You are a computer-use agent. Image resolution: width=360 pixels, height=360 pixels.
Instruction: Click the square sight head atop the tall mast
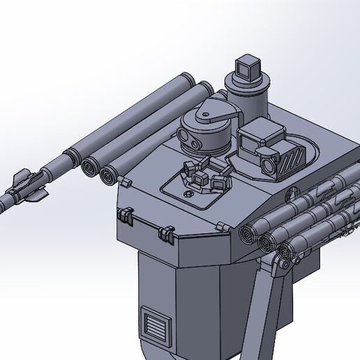tap(247, 67)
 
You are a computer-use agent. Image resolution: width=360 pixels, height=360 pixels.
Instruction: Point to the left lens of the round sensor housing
tap(188, 137)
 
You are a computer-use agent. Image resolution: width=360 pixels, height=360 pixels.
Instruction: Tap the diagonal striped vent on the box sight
tap(294, 160)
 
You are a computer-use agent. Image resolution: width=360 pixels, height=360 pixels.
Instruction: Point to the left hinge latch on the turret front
tap(126, 215)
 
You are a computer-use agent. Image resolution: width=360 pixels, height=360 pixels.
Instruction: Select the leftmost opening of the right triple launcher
tap(247, 234)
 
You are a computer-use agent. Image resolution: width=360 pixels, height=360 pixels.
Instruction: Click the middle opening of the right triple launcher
tap(267, 243)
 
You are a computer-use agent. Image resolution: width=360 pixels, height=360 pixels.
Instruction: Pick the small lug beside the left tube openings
tap(127, 182)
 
